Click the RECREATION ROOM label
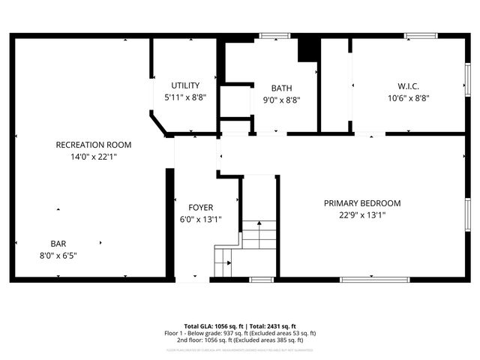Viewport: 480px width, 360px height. [x=94, y=145]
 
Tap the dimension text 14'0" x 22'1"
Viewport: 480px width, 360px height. [x=94, y=157]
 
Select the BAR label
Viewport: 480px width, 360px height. [x=58, y=244]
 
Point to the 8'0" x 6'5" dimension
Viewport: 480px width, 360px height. [x=58, y=255]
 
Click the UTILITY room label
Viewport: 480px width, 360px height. [x=185, y=85]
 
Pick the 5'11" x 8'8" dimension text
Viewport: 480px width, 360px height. [x=185, y=97]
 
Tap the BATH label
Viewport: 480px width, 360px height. [x=282, y=88]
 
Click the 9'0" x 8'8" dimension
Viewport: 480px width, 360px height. [x=282, y=100]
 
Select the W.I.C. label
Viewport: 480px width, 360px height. [x=408, y=85]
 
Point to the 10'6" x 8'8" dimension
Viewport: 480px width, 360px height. [x=408, y=97]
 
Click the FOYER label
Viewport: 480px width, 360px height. [x=201, y=208]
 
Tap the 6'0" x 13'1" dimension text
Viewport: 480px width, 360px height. [x=201, y=220]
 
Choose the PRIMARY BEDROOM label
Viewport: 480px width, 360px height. [x=362, y=203]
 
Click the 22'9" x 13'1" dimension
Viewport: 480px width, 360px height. [x=362, y=215]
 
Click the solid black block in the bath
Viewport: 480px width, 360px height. [x=308, y=49]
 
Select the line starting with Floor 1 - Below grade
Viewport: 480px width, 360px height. [x=240, y=333]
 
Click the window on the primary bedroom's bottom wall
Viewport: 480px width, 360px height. [x=370, y=280]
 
